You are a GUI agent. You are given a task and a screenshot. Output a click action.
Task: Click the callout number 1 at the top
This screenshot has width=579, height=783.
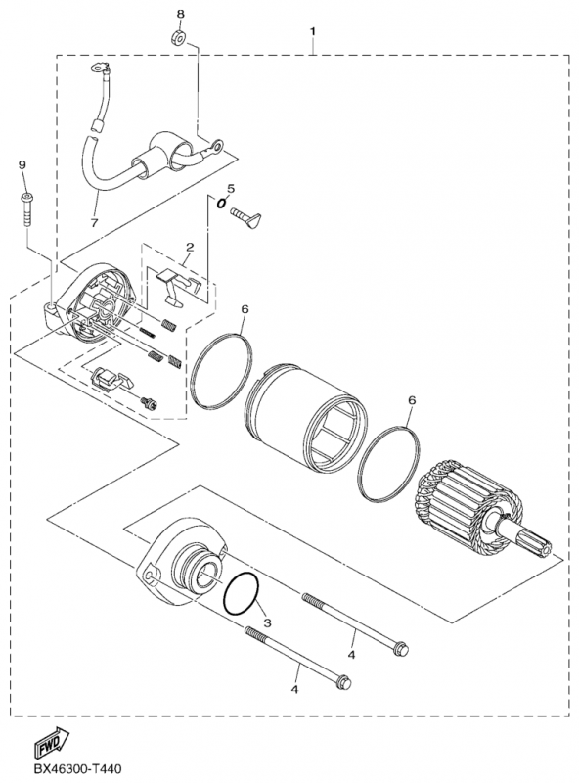coord(313,31)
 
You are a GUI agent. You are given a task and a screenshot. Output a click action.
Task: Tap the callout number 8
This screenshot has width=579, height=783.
coord(180,14)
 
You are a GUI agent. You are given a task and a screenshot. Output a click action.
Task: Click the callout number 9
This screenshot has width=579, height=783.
coord(22,164)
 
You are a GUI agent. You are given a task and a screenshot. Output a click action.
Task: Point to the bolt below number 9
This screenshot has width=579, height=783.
coord(26,209)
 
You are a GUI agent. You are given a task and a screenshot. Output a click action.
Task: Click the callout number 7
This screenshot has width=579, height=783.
coord(94,223)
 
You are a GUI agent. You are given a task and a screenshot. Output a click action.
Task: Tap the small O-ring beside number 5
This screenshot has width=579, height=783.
coord(221,203)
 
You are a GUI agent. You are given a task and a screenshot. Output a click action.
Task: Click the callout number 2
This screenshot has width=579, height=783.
coord(190,247)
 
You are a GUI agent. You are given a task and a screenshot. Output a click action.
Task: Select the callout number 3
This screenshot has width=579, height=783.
coord(268,622)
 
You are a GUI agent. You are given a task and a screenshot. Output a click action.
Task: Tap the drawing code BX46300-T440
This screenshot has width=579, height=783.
coord(77,769)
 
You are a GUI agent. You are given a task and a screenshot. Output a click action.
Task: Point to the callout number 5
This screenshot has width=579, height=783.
coord(230,188)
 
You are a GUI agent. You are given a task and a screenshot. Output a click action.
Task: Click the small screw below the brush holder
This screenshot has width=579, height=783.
coord(149,402)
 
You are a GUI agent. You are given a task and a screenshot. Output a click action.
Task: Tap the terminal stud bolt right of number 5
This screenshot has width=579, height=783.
coord(245,216)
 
